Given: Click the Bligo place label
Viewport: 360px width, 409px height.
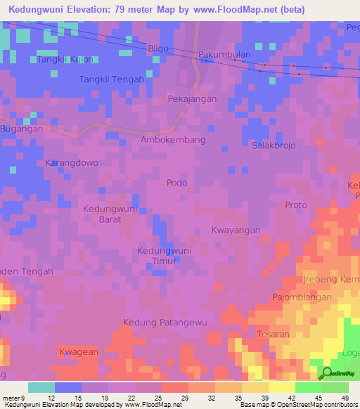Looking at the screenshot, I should [159, 47].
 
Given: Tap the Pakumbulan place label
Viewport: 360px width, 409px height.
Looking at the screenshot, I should [223, 53].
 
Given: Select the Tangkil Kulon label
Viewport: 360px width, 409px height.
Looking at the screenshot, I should [64, 60].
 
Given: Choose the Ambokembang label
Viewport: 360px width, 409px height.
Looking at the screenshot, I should [173, 140].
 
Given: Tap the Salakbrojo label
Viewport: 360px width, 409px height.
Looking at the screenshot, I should [274, 145].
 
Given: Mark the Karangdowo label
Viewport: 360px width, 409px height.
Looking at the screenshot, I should [72, 162].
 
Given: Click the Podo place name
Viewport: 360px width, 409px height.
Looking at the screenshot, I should [177, 183].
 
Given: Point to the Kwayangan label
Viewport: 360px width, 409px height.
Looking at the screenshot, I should [236, 230].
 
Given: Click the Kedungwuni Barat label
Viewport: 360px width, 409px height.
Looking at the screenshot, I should [110, 214].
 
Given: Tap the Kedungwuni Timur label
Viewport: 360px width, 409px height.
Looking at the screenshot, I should [164, 256].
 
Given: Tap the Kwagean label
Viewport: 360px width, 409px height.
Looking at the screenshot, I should [77, 351].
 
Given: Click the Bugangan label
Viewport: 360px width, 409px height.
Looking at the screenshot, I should [22, 129].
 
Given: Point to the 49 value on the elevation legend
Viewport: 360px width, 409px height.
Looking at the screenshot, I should [345, 398].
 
